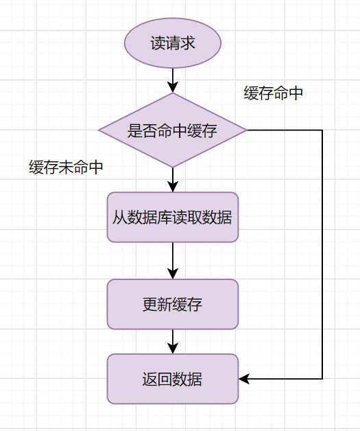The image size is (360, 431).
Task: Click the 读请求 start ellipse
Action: [173, 43]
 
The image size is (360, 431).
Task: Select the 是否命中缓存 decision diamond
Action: [173, 130]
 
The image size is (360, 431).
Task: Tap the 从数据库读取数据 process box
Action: [173, 218]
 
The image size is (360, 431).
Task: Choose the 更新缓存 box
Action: [173, 304]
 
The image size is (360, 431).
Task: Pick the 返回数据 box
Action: [173, 379]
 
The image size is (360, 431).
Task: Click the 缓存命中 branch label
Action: [274, 94]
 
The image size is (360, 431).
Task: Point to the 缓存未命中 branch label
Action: [67, 167]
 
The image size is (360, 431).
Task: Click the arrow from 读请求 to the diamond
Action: [173, 80]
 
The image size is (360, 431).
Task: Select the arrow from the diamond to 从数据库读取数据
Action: [173, 179]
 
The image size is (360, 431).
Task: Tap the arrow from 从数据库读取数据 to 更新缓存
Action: [173, 260]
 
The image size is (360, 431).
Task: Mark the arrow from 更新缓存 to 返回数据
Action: [173, 341]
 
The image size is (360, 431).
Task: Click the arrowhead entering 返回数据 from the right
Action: [244, 379]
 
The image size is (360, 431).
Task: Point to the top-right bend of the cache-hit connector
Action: [322, 130]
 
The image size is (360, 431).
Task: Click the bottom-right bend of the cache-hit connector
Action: [322, 379]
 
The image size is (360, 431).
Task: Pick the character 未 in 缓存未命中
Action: [67, 167]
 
